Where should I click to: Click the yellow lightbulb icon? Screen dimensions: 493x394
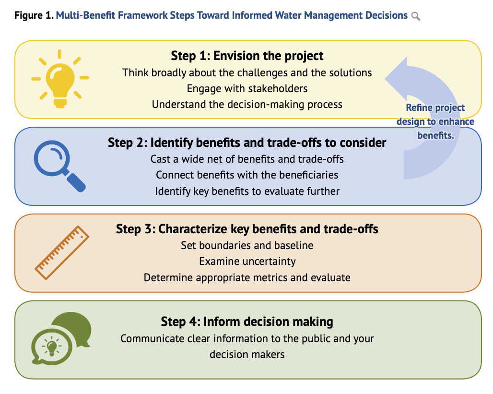[60, 79]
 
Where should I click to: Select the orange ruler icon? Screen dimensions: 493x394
[61, 253]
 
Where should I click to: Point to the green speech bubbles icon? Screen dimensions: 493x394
[61, 338]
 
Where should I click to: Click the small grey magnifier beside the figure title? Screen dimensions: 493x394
[416, 16]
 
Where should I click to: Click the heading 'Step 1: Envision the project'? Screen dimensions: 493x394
[247, 56]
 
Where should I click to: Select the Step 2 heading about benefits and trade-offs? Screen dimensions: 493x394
[247, 143]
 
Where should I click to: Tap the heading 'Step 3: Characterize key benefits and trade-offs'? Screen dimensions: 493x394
[247, 229]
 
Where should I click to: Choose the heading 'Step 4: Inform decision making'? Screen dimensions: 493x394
[247, 322]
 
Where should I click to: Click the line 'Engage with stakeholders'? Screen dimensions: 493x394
[247, 88]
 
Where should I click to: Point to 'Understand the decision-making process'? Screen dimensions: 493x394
[247, 104]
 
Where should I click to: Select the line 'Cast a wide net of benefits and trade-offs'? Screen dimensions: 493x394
[247, 159]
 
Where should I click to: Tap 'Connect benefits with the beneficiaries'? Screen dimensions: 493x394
[247, 175]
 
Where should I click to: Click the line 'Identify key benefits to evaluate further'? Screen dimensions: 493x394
[247, 191]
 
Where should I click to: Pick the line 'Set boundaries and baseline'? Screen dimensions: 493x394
[247, 245]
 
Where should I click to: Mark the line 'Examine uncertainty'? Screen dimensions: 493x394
[247, 261]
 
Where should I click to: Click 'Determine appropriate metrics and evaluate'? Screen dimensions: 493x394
[247, 277]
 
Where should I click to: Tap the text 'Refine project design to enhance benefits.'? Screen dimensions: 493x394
[435, 121]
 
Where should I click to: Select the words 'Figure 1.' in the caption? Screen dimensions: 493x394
[34, 15]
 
